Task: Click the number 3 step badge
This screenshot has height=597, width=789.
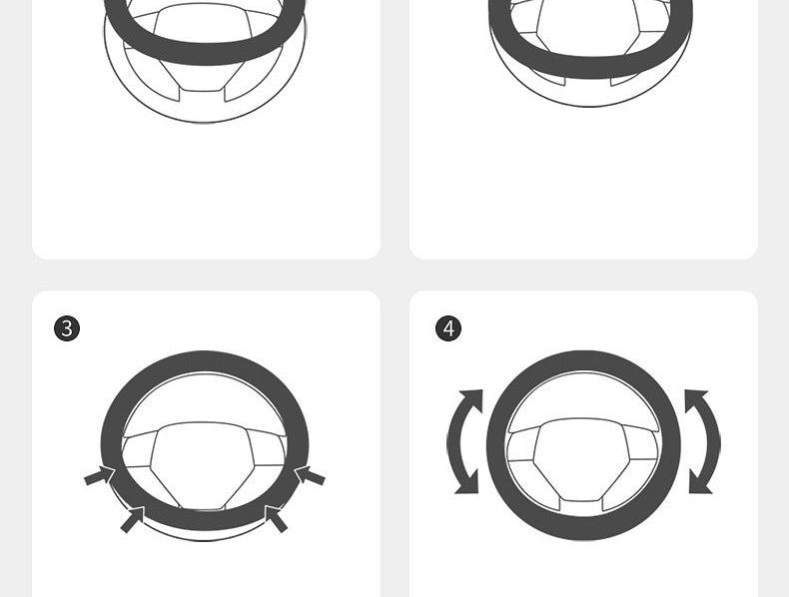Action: click(x=67, y=328)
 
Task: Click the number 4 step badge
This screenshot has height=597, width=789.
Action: click(x=448, y=328)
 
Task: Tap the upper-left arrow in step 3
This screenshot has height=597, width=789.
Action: click(x=100, y=475)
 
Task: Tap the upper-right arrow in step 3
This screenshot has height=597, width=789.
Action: click(x=310, y=475)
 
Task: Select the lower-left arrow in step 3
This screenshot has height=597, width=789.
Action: click(x=133, y=519)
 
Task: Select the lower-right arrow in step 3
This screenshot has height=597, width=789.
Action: click(x=276, y=519)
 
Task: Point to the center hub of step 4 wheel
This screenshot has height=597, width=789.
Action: click(x=582, y=458)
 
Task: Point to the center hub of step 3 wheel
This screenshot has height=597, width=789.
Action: click(x=202, y=463)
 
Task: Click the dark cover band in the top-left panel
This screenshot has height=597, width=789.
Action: click(x=204, y=53)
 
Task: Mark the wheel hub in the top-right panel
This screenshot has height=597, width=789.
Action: click(x=587, y=25)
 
